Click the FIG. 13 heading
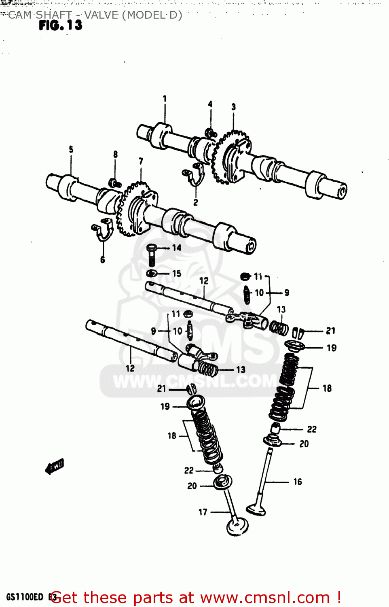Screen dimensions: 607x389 pos(60,25)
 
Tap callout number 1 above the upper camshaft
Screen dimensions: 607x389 pos(165,98)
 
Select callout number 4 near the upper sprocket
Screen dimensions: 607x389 pos(210,104)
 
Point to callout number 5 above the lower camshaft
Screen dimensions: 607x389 pos(71,149)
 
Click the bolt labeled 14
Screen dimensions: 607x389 pos(152,255)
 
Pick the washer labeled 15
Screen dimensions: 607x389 pos(151,274)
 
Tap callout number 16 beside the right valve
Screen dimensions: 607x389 pos(298,482)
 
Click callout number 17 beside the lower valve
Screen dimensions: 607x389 pos(203,512)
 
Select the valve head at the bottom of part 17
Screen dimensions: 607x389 pos(237,527)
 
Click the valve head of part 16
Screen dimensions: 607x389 pos(256,509)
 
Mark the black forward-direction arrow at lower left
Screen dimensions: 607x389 pos(55,466)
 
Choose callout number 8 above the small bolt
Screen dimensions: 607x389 pos(115,154)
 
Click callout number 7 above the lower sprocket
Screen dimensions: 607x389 pos(141,161)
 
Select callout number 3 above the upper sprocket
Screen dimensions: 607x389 pos(233,106)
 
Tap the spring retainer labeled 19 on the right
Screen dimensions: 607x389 pos(294,346)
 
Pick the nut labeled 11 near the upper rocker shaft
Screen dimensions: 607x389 pos(245,277)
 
